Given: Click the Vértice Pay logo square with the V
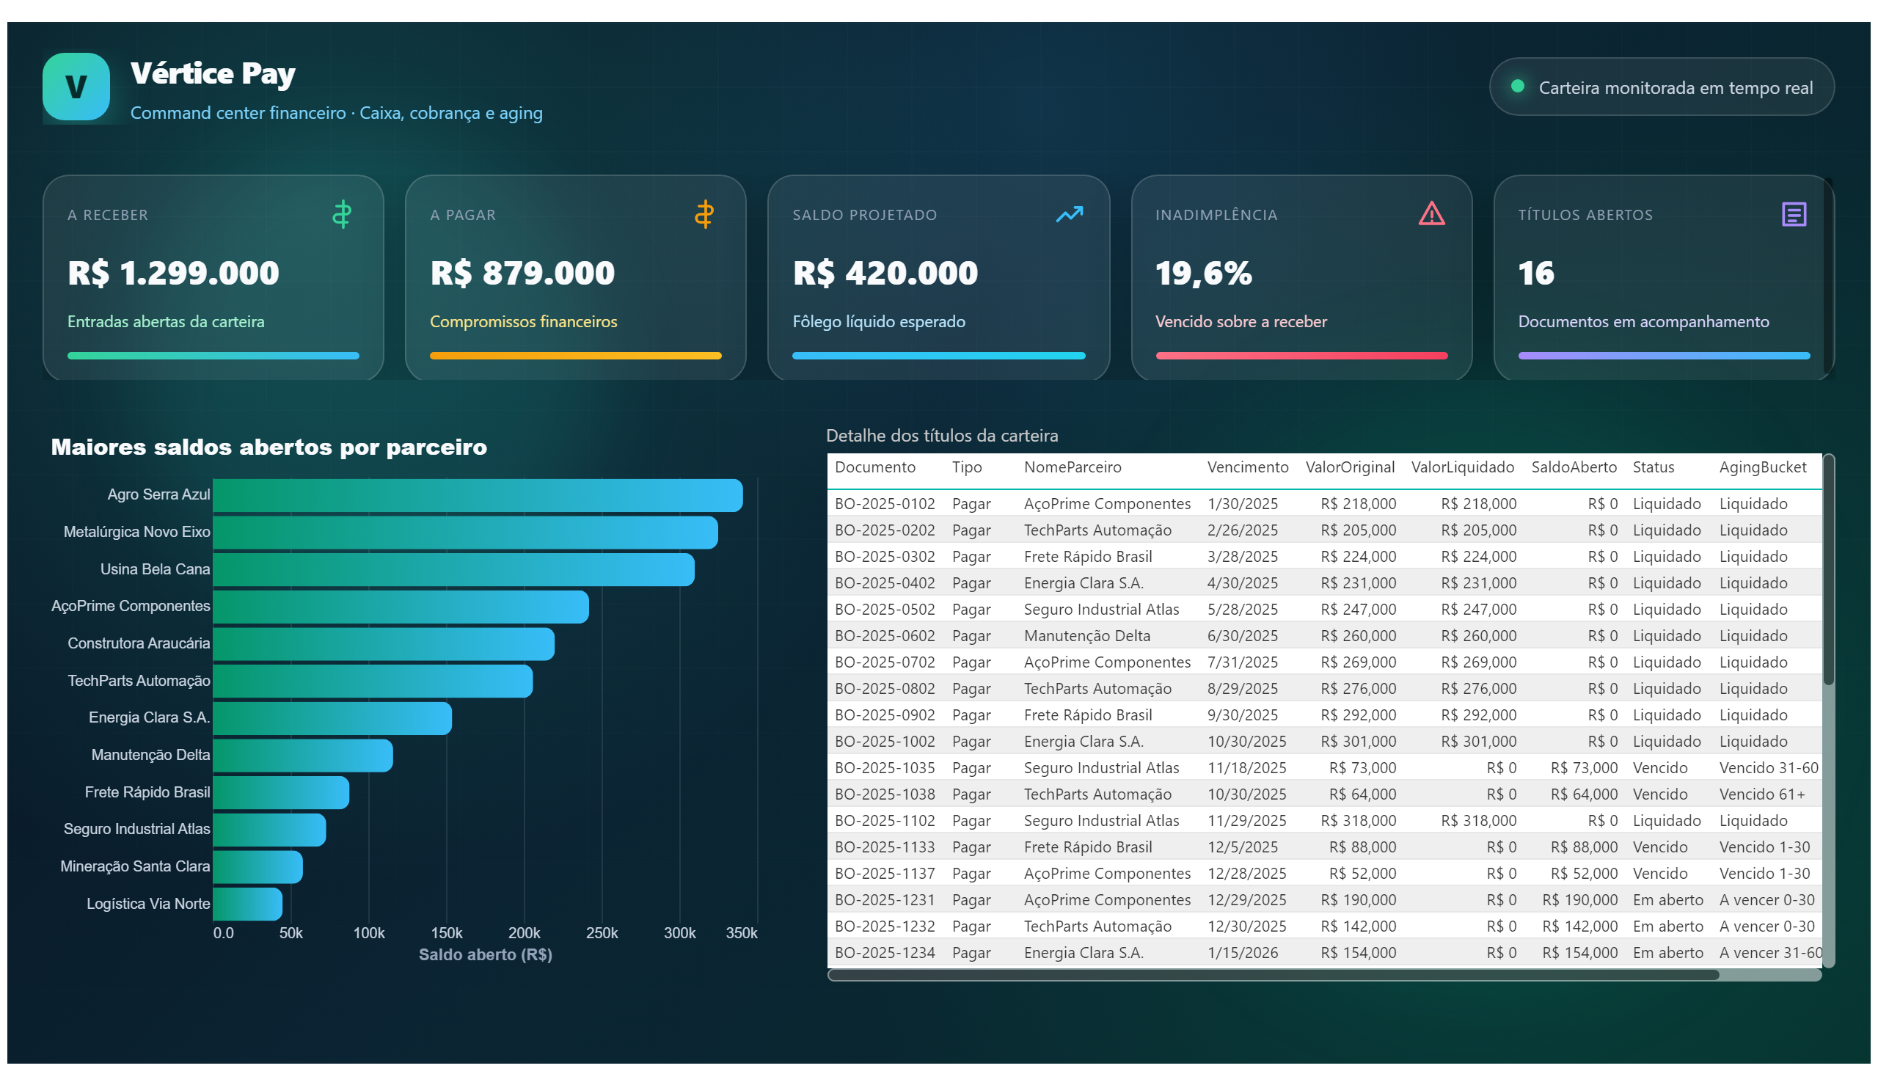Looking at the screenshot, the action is click(x=76, y=86).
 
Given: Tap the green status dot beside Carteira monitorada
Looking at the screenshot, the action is click(x=1518, y=86).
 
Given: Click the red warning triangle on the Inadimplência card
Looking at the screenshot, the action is click(x=1431, y=214).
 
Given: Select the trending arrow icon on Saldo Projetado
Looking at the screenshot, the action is click(x=1069, y=214).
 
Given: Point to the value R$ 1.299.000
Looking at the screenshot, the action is click(x=174, y=273).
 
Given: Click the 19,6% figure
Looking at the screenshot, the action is click(x=1203, y=274).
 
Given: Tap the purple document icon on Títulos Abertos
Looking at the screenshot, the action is click(x=1794, y=214).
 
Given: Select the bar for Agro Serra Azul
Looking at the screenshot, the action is click(x=478, y=495).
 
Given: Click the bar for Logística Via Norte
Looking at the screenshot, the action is click(x=247, y=904).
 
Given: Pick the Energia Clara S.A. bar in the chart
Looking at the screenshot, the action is click(x=332, y=718).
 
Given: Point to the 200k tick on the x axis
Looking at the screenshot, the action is click(x=524, y=932).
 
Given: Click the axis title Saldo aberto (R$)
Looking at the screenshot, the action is click(x=486, y=955).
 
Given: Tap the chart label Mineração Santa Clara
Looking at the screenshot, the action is click(x=136, y=866).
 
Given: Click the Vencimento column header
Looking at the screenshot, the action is click(x=1248, y=467).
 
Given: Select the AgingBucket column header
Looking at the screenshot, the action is click(x=1763, y=468).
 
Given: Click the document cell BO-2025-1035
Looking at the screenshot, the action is click(x=884, y=768).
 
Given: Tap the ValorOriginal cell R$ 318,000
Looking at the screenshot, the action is click(x=1358, y=821).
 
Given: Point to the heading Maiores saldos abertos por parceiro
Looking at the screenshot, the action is click(x=268, y=447).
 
